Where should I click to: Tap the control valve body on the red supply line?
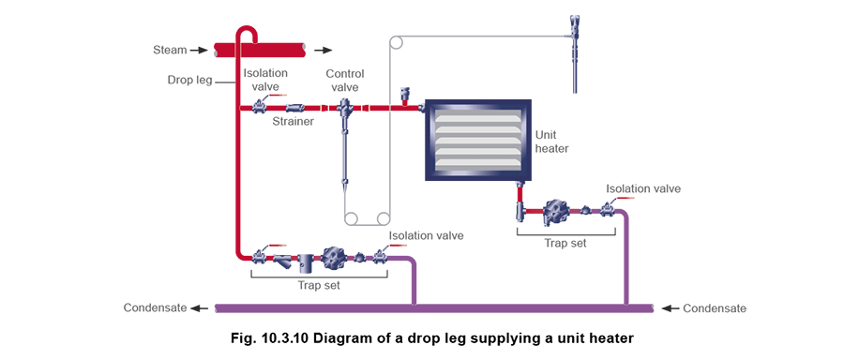[x=344, y=112]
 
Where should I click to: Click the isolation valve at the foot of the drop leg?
[x=260, y=254]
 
